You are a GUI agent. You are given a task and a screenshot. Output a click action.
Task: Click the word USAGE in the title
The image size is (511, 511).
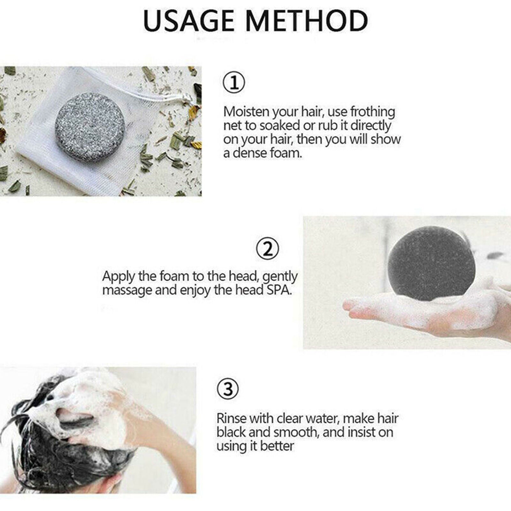coord(188,21)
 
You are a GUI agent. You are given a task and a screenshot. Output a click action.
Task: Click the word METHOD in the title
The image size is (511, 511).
coord(307,21)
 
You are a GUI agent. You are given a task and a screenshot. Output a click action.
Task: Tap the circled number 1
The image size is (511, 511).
coord(234,83)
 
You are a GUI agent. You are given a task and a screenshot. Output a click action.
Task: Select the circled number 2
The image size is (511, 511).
coord(268,249)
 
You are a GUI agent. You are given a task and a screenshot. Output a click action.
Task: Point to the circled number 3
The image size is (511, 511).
coord(228,389)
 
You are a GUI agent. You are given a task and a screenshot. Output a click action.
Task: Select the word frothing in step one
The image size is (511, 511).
coord(373,112)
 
